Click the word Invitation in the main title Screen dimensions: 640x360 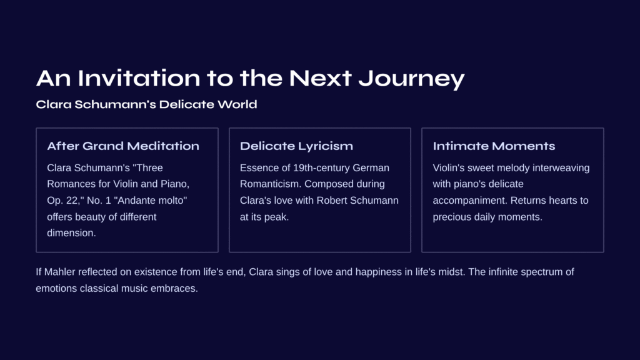(x=139, y=77)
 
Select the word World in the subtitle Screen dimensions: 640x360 (x=237, y=104)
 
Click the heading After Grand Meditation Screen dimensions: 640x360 (x=123, y=146)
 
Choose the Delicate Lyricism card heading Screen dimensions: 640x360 (x=296, y=146)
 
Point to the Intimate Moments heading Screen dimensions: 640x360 (x=494, y=146)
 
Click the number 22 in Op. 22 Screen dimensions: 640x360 (x=70, y=201)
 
